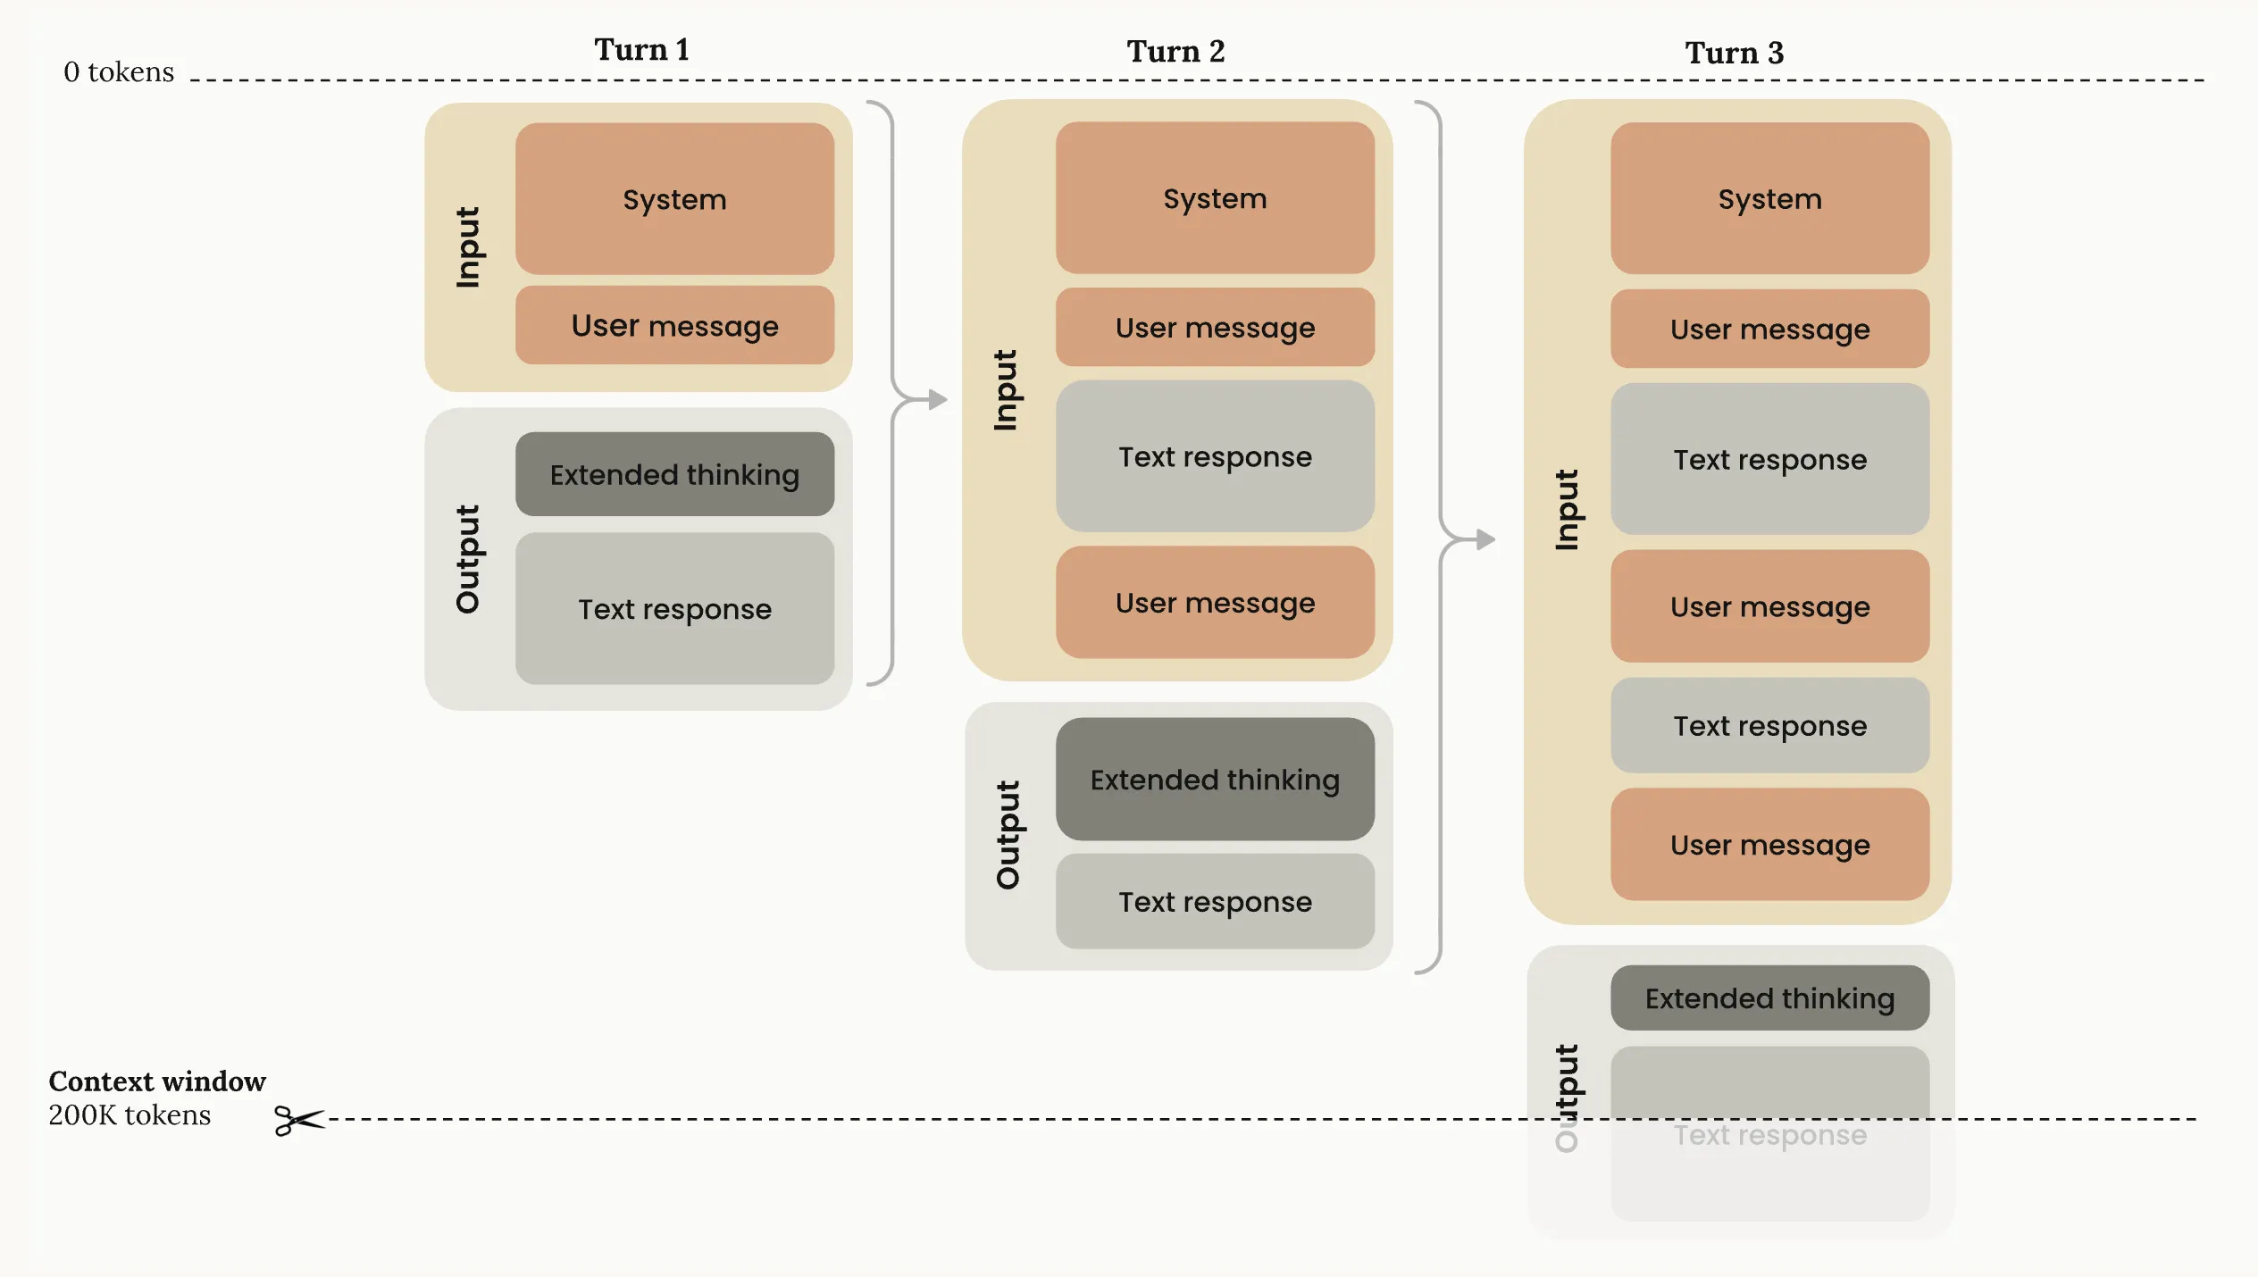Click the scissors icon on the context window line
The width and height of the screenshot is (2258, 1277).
[x=298, y=1120]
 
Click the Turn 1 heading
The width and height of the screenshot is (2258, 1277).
[x=641, y=50]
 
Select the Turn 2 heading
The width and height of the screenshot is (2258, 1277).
[x=1175, y=52]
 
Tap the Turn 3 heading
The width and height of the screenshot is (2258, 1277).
[x=1734, y=54]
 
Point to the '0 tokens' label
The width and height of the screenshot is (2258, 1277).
[x=119, y=72]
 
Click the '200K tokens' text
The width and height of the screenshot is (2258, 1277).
[x=130, y=1115]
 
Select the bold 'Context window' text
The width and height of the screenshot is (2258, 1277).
[x=157, y=1081]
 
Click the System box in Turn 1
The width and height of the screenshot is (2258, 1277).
[x=674, y=199]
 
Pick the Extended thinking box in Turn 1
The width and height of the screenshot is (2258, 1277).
[x=674, y=474]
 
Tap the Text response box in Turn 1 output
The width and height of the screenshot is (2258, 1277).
[x=674, y=609]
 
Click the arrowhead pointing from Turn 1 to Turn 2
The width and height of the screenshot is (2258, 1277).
[x=937, y=399]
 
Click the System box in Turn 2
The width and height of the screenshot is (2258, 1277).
[x=1215, y=198]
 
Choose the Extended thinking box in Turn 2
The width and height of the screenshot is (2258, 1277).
[x=1215, y=780]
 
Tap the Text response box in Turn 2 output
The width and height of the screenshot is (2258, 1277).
[x=1215, y=902]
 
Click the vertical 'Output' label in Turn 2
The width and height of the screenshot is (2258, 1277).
[x=1008, y=835]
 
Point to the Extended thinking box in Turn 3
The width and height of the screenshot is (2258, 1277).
[x=1769, y=998]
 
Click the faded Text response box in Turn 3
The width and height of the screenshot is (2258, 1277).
[x=1769, y=1134]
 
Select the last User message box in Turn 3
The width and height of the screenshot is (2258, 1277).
[x=1769, y=845]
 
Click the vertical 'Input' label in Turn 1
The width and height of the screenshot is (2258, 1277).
[x=468, y=247]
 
